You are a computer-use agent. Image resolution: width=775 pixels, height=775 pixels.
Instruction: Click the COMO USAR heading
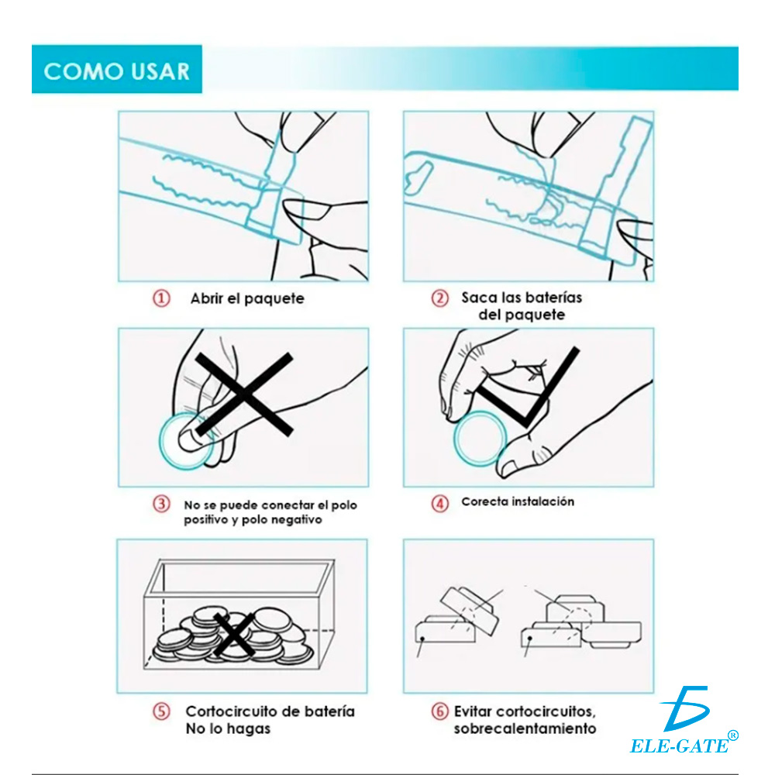coord(116,71)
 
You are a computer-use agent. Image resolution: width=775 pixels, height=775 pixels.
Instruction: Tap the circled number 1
coord(161,298)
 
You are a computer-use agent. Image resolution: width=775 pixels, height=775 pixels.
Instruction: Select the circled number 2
coord(440,298)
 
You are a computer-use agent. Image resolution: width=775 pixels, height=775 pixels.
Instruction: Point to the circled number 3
coord(160,505)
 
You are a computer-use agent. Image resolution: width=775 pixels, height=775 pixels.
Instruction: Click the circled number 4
coord(439,503)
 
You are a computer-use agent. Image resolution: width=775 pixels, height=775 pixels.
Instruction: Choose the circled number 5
coord(160,711)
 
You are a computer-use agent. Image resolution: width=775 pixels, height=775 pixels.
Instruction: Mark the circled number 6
coord(439,711)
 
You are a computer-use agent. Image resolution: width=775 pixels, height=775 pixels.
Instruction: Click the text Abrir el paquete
coord(247,298)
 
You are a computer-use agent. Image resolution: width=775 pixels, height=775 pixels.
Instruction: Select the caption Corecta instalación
coord(518,501)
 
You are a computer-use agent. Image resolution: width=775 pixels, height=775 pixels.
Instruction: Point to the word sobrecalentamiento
coord(525,728)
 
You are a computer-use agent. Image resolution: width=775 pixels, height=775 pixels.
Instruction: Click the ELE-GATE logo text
coord(679,745)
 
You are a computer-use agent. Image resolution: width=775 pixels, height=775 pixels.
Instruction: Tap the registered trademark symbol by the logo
coord(733,735)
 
